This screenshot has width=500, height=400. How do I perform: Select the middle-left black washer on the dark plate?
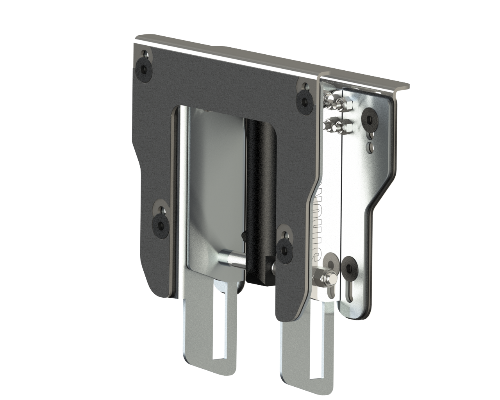160,224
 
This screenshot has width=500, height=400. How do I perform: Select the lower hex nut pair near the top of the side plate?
338,125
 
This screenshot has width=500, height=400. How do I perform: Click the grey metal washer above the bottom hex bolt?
332,262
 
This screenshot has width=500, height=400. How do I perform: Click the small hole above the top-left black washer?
145,54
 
